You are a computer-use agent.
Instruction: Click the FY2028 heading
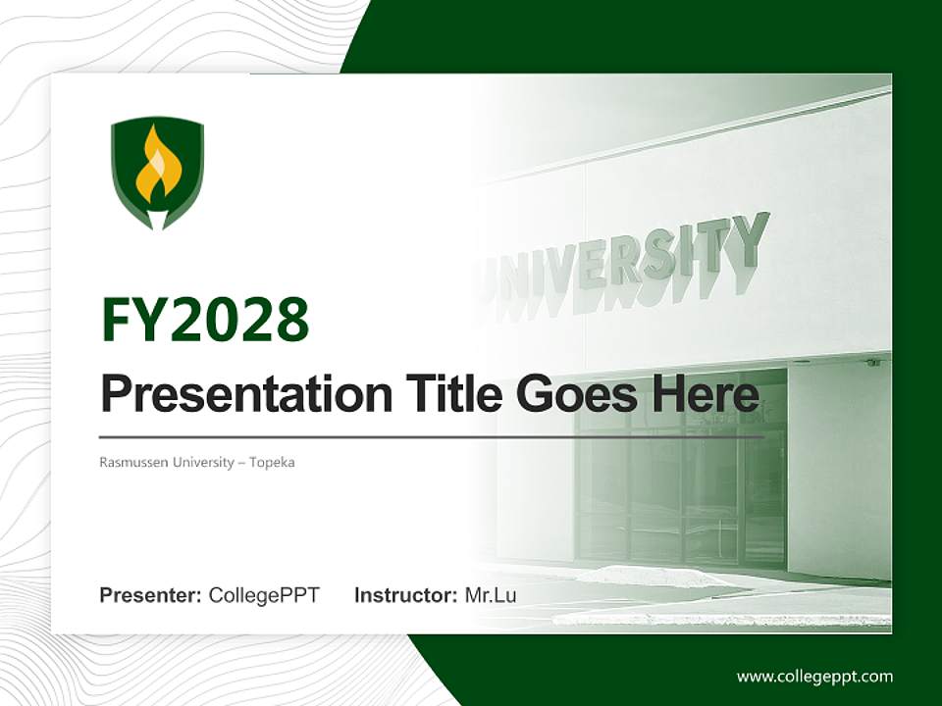point(205,320)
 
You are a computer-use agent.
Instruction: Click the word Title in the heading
point(445,394)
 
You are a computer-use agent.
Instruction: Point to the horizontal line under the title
point(432,436)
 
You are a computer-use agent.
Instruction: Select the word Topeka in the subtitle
point(272,462)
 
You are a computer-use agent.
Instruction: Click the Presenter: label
point(151,595)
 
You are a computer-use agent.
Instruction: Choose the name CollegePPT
point(264,595)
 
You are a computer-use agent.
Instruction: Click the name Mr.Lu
point(491,595)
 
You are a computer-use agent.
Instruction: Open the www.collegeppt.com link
point(814,677)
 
